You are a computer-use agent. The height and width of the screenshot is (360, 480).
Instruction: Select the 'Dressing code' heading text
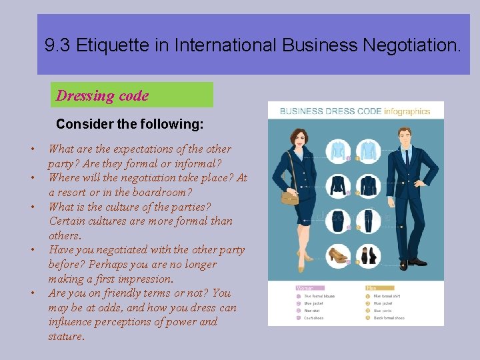102,95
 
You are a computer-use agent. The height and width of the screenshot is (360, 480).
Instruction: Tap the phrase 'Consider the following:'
129,124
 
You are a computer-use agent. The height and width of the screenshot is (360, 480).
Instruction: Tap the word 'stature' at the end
65,337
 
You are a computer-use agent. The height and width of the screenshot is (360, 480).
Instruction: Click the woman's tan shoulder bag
289,197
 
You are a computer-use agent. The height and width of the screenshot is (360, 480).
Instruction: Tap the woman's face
296,139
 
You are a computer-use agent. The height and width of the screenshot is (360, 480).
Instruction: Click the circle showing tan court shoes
339,255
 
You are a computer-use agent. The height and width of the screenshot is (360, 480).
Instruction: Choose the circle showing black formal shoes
368,255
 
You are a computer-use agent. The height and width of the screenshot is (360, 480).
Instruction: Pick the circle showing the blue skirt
339,221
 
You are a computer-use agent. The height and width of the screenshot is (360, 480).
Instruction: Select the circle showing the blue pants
368,221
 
